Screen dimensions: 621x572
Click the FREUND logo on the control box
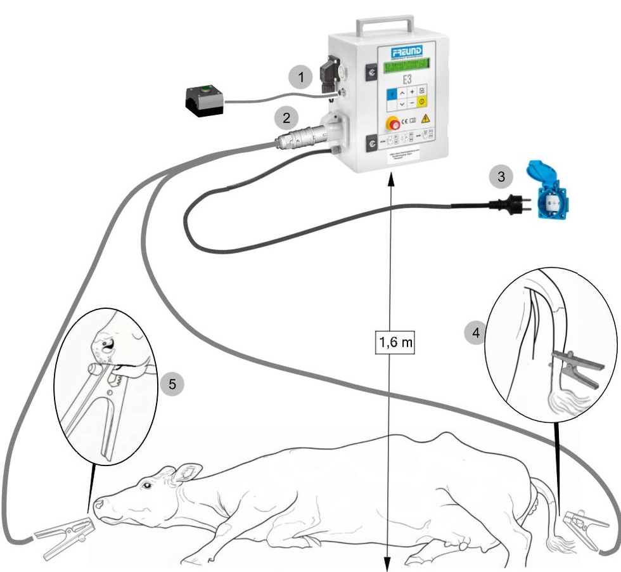point(406,51)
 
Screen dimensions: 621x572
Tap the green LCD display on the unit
point(406,65)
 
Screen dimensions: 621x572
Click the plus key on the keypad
point(412,92)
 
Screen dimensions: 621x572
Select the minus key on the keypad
point(412,102)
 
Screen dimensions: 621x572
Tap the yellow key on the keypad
point(424,102)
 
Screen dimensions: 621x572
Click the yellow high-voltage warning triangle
point(425,118)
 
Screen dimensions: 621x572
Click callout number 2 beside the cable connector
point(286,117)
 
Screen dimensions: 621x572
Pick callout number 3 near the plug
point(501,177)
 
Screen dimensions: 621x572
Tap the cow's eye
point(148,485)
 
